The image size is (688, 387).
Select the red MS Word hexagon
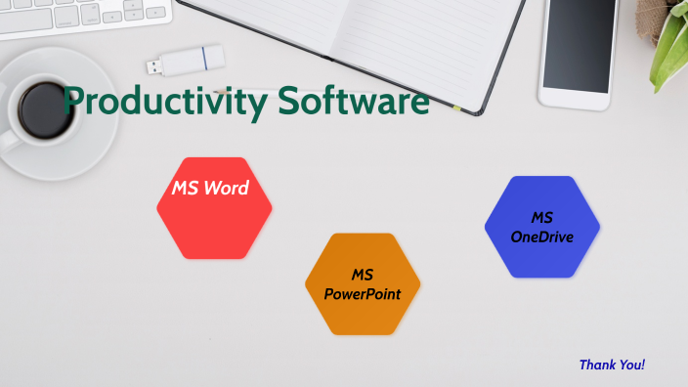(214, 221)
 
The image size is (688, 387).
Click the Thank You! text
(612, 365)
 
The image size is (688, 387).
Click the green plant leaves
(671, 39)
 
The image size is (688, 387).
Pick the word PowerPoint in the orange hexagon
(363, 294)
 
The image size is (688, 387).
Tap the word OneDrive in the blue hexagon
(542, 236)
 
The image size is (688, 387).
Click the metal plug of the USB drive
(156, 66)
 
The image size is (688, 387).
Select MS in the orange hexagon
(363, 275)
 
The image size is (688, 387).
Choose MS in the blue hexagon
(542, 217)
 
